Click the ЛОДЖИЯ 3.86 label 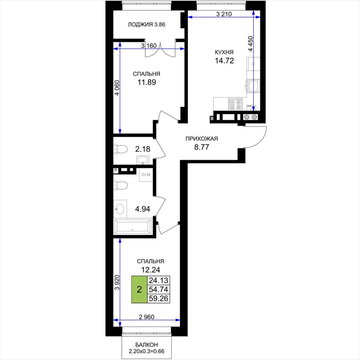point(147,24)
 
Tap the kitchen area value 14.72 point(224,60)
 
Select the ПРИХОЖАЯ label point(201,139)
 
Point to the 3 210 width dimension point(224,14)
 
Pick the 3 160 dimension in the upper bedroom point(149,46)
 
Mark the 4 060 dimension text point(117,88)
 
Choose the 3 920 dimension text point(117,282)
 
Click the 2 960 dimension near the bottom point(147,317)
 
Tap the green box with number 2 point(139,290)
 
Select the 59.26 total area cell point(159,298)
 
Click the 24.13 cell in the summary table point(159,280)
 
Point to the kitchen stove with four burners point(235,104)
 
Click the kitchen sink point(253,86)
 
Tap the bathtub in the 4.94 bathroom point(133,227)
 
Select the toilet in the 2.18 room point(121,149)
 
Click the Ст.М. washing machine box point(146,175)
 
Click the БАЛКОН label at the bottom point(147,345)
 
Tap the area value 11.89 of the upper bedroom point(147,82)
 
